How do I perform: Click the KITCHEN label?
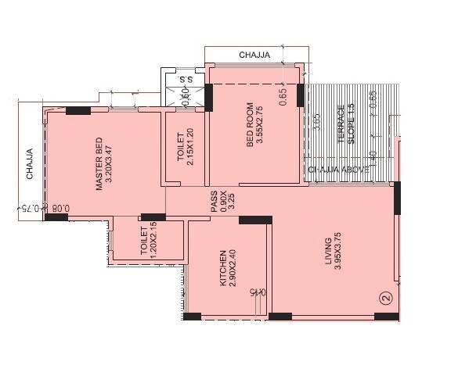coord(223,268)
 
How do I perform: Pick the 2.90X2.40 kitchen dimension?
coord(233,268)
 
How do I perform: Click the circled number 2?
coord(384,298)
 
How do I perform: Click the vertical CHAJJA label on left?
coord(29,165)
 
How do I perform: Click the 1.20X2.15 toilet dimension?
coord(154,240)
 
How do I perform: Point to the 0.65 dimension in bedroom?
coord(283,96)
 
